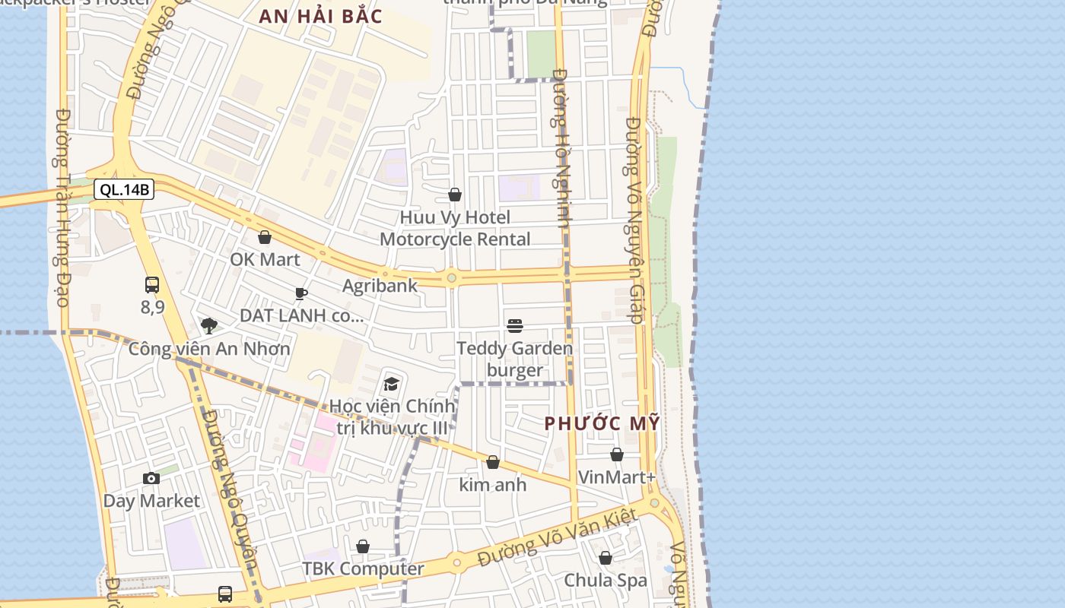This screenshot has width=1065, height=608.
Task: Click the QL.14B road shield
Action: (x=124, y=190)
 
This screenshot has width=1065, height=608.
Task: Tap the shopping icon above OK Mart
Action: (x=265, y=237)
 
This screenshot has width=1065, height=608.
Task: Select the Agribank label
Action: (x=380, y=286)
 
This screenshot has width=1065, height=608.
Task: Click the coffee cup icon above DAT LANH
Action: (x=301, y=293)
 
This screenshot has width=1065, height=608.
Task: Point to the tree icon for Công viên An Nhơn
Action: (x=209, y=326)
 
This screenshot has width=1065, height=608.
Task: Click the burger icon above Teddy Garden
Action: (x=515, y=326)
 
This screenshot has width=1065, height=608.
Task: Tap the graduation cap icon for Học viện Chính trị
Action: (x=392, y=384)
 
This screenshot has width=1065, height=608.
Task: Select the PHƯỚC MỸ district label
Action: (x=602, y=424)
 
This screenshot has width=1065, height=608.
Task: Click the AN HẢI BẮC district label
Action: (x=320, y=17)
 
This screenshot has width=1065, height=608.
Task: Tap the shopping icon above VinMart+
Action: (x=617, y=454)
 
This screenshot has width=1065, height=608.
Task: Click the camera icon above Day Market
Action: (x=151, y=478)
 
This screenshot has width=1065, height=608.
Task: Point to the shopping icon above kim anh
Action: (x=493, y=462)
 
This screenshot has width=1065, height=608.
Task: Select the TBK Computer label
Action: (x=363, y=568)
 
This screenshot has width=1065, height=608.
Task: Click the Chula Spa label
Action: (x=606, y=581)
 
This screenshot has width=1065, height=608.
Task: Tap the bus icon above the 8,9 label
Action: (x=152, y=285)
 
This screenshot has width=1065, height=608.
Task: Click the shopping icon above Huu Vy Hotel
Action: (x=455, y=195)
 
